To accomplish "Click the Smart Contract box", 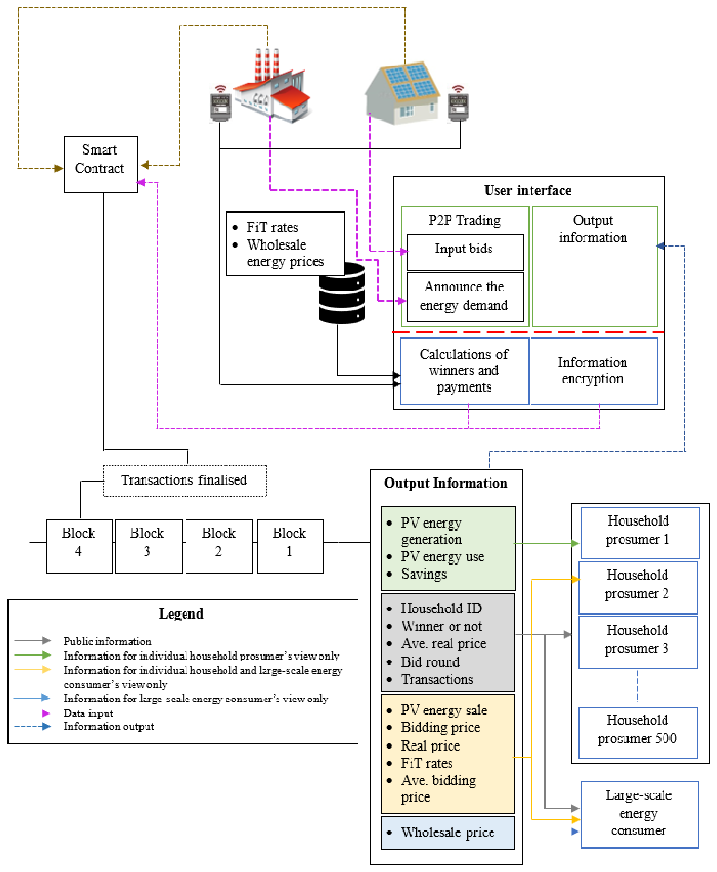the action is [101, 164].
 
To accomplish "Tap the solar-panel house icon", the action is [402, 92].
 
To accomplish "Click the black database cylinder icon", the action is [342, 293].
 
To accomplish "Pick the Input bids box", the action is [465, 252].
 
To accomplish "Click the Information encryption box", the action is [594, 371].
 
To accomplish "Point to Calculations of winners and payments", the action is [465, 371].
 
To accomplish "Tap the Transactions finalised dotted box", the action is [185, 481].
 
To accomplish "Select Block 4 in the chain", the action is [79, 546].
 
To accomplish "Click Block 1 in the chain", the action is [290, 546].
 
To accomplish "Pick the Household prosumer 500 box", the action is [638, 733].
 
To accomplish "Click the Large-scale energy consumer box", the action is [639, 815].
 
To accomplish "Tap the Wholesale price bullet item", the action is [448, 832].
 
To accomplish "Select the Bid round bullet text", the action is [430, 662].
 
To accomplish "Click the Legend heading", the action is [181, 614].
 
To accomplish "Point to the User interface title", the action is [528, 191].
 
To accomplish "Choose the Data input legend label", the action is [88, 713].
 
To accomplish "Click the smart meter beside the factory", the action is [221, 103].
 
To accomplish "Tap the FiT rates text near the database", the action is [272, 227].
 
